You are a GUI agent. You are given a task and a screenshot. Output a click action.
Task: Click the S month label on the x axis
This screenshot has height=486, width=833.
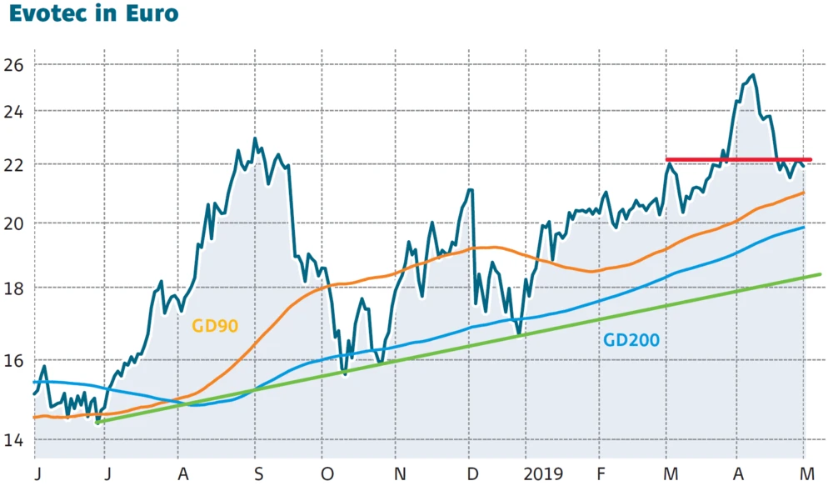(259, 473)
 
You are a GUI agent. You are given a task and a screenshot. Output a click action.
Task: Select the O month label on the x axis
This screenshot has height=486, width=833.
(327, 473)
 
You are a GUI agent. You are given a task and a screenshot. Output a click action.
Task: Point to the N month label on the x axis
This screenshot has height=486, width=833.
(401, 473)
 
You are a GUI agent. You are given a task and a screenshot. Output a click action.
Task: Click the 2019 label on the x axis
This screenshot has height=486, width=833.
(543, 473)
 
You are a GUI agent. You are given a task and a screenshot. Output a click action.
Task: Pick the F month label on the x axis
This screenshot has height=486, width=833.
(601, 473)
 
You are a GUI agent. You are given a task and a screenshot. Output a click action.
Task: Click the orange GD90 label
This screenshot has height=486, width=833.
(215, 325)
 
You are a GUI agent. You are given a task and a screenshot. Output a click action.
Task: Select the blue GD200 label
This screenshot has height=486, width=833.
(631, 339)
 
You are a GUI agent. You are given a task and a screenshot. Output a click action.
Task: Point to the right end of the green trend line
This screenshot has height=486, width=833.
(821, 274)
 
